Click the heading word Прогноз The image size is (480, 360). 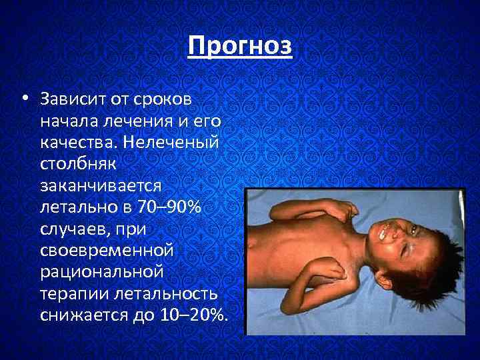click(x=240, y=46)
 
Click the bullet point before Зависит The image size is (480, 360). click(x=23, y=99)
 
